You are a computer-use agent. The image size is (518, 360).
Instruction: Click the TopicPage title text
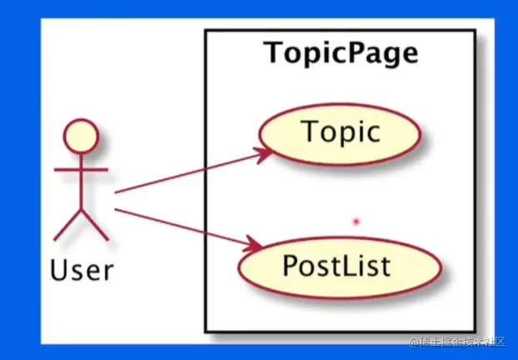click(340, 53)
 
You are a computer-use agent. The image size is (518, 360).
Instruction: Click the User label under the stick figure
click(82, 270)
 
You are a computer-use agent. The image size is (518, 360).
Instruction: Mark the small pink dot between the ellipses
click(355, 222)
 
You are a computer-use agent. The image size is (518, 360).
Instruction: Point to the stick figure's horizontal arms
click(81, 170)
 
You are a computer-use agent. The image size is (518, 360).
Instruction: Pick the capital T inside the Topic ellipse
click(309, 132)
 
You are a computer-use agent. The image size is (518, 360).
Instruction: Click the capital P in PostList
click(291, 265)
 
